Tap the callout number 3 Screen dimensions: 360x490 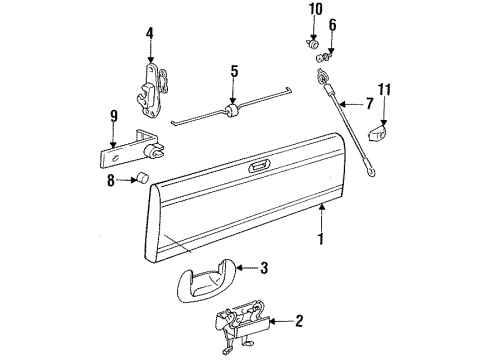(x=264, y=267)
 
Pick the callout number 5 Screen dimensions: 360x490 (x=233, y=71)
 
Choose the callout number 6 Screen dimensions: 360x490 (x=333, y=24)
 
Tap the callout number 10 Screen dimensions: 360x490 (x=315, y=11)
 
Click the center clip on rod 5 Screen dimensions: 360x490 (x=233, y=113)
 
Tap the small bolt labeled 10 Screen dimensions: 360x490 (x=312, y=44)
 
